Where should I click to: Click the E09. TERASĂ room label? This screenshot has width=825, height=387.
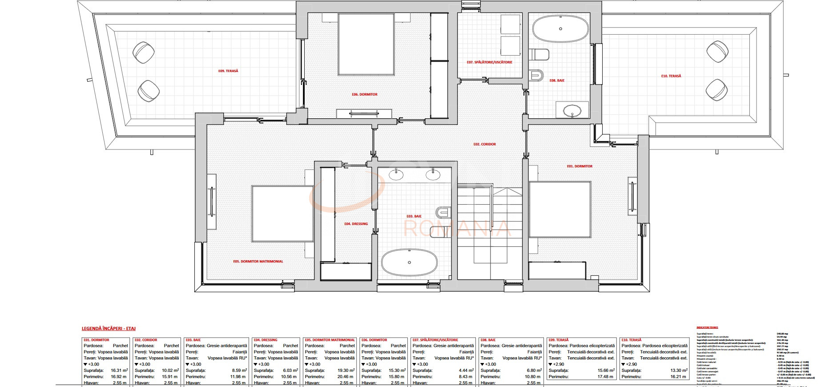coord(228,71)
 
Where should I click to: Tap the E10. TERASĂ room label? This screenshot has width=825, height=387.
coord(671,76)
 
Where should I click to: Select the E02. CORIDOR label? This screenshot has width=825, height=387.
coord(484,144)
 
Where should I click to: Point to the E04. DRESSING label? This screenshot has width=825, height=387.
coord(356,224)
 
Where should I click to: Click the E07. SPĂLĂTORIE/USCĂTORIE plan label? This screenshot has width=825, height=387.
coord(489,62)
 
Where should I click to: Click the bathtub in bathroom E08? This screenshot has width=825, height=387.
coord(560,29)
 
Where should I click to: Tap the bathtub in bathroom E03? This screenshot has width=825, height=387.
coord(409,262)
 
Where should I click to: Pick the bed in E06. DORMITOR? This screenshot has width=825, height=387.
coord(366,44)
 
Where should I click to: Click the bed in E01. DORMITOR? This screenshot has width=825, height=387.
coord(559,209)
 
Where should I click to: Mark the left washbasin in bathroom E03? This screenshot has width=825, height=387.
coord(396,174)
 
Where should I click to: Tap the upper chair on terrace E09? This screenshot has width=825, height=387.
coord(143,52)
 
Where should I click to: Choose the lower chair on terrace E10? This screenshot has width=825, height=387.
coord(716,90)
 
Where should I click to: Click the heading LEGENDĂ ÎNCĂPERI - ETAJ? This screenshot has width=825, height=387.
coord(109,329)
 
